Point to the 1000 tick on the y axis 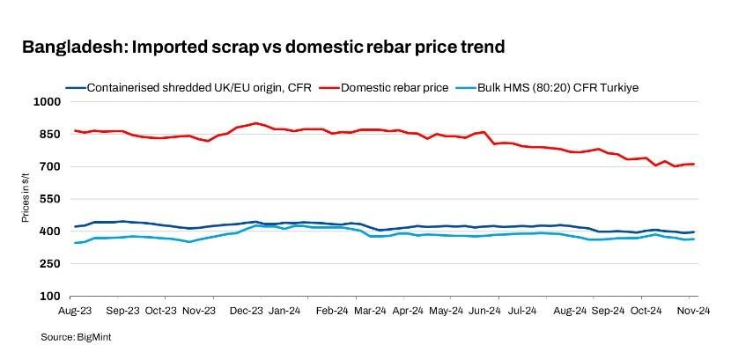(x=46, y=102)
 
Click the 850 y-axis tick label (x=49, y=135)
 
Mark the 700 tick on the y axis (x=49, y=167)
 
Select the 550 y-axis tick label (x=49, y=200)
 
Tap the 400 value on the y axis (x=49, y=231)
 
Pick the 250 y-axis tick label (x=49, y=264)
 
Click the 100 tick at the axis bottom (x=49, y=297)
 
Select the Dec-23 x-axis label (x=247, y=311)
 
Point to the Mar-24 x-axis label (x=368, y=311)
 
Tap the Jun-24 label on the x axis (x=484, y=311)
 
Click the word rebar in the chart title (x=352, y=47)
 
